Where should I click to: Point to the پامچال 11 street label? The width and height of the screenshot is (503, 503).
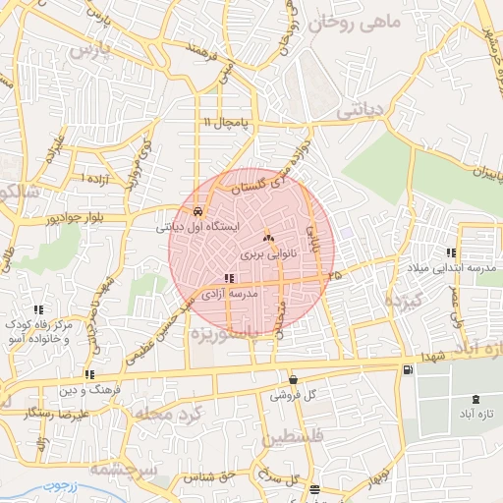click(x=228, y=122)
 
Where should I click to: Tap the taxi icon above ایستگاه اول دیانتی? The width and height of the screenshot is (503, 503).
click(x=198, y=210)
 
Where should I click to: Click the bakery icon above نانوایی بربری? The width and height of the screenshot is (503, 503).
click(x=269, y=238)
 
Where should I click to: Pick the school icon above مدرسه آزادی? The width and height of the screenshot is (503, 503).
click(x=229, y=279)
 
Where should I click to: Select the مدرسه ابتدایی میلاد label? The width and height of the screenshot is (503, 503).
click(x=453, y=269)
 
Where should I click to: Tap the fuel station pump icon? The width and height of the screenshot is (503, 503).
click(x=408, y=369)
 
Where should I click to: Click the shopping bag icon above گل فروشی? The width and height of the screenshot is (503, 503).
click(x=293, y=380)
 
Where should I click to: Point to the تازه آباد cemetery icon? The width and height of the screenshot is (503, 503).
click(x=477, y=399)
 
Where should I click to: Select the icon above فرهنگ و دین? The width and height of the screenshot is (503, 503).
click(x=90, y=374)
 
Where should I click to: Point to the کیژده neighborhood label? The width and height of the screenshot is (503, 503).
click(x=402, y=301)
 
